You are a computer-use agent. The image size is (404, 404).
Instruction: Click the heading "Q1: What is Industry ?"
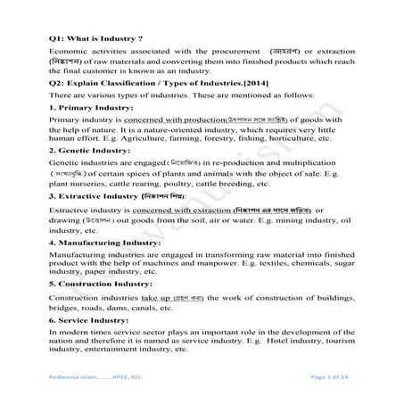tap(96, 40)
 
